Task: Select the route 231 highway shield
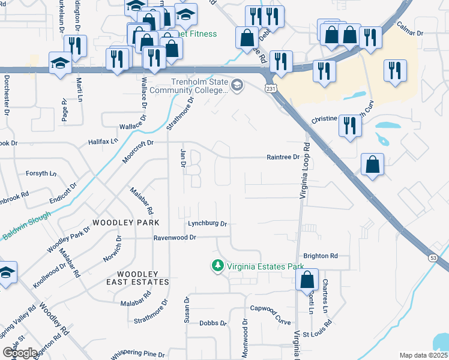[272, 88]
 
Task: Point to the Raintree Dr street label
[283, 157]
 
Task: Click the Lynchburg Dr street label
[207, 224]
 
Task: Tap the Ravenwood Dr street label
[175, 238]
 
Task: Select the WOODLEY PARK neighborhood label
[130, 223]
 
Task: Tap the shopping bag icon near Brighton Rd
[307, 279]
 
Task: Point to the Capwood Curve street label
[270, 310]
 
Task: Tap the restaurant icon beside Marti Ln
[75, 46]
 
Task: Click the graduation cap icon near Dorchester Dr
[60, 64]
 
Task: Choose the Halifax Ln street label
[104, 142]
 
